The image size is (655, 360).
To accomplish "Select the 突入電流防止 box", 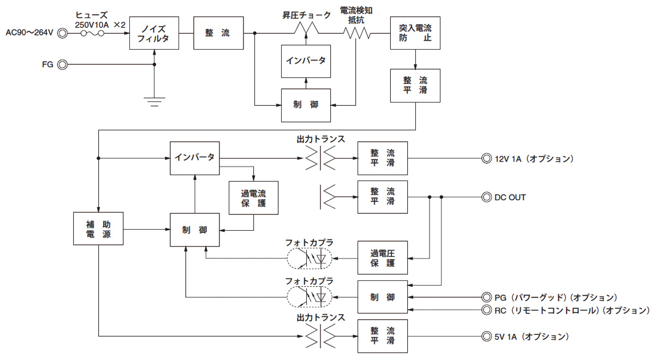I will click(415, 33).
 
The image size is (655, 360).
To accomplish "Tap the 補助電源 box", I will click(99, 228).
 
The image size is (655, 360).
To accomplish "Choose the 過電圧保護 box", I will click(383, 257).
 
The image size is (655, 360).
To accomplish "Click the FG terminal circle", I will click(63, 65).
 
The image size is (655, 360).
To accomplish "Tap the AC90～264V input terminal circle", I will click(63, 33).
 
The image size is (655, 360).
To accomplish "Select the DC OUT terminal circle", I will click(486, 197).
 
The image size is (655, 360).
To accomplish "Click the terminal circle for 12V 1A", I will click(486, 159).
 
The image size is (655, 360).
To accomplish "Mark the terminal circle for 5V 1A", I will click(486, 337).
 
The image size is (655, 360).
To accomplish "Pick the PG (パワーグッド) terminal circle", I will click(486, 297).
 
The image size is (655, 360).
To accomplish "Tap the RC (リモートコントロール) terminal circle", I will click(486, 310).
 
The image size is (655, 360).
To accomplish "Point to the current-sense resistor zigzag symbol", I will click(357, 33).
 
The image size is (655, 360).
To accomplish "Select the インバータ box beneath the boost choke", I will click(306, 60).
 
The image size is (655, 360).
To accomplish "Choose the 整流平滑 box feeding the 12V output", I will click(383, 159).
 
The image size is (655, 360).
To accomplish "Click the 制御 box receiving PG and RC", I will click(383, 297).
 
